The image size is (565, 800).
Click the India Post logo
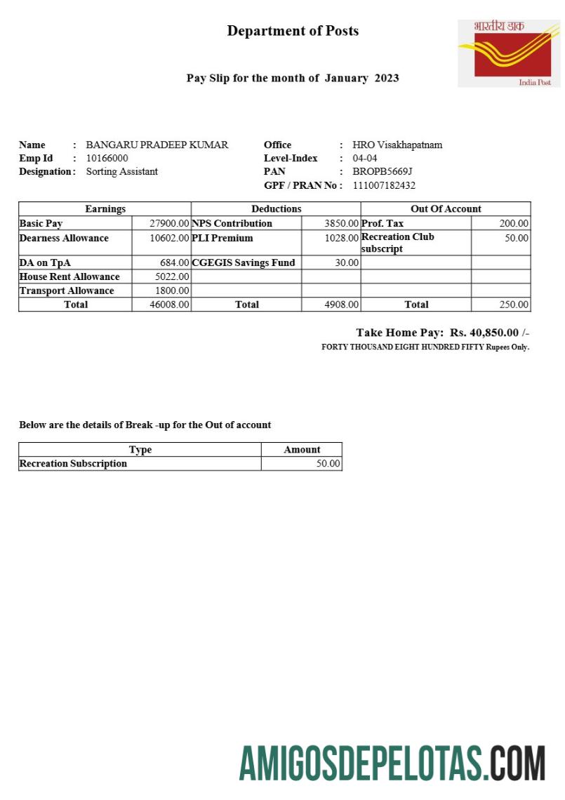(x=510, y=53)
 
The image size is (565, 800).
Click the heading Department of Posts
(x=293, y=31)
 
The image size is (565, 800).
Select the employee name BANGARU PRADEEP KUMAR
(x=157, y=145)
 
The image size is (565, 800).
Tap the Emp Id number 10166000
(x=107, y=159)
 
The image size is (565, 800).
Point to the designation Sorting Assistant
(x=122, y=172)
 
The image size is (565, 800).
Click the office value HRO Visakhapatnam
(x=397, y=145)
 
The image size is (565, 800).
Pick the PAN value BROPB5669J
(x=383, y=172)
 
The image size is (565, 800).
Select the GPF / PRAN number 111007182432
(x=384, y=186)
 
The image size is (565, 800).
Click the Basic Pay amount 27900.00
(x=169, y=224)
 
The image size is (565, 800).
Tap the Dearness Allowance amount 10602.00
(x=169, y=239)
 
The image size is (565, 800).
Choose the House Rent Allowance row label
(x=69, y=277)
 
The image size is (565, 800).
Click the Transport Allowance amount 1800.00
(x=172, y=291)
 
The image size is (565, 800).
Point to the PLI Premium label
(x=222, y=239)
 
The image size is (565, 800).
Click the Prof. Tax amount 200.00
(x=514, y=224)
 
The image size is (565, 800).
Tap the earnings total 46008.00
(x=169, y=305)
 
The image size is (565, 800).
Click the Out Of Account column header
(x=446, y=209)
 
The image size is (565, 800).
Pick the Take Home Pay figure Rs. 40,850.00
(x=484, y=333)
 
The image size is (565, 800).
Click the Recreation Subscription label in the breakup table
(x=73, y=464)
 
